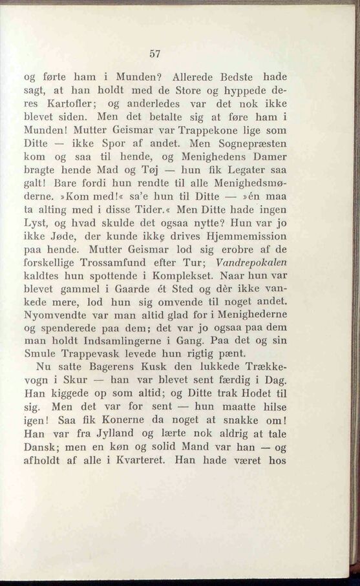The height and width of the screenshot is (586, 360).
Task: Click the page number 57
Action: (153, 54)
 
